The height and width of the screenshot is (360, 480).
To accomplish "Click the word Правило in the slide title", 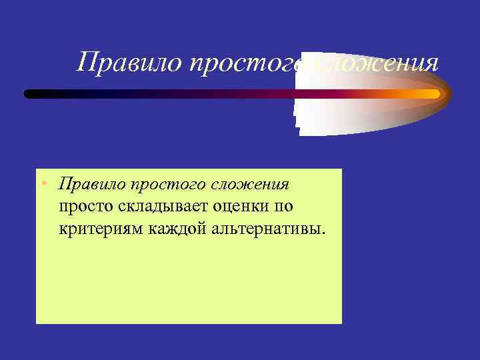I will coord(129,63).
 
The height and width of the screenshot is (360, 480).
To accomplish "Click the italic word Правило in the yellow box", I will coord(91,183).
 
